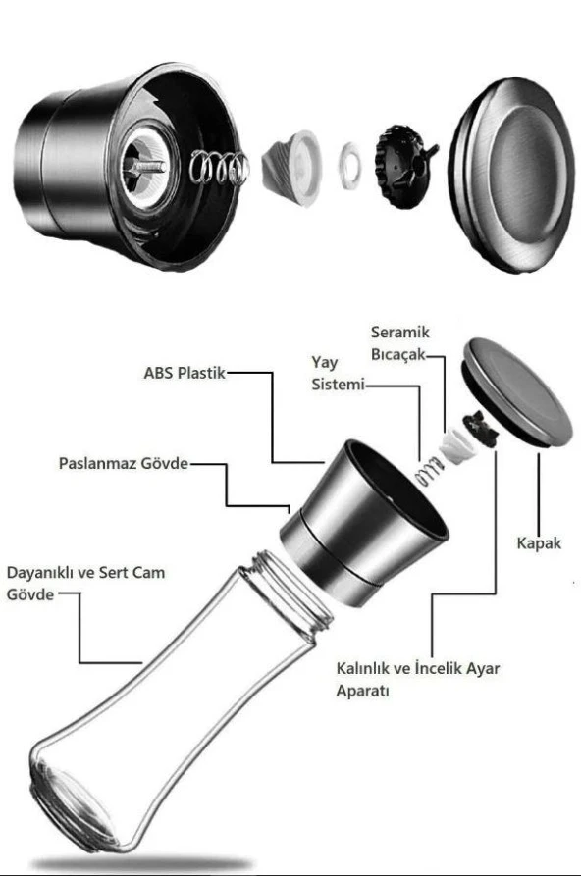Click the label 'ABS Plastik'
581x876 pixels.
[185, 373]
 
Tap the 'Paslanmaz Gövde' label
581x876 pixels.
[124, 463]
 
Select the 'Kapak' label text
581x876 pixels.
[539, 543]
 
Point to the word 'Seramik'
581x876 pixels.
[400, 332]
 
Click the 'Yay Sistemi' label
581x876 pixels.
[339, 373]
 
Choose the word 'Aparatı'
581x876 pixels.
[362, 690]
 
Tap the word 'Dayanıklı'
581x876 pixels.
[39, 573]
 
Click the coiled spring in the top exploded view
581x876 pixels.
[219, 167]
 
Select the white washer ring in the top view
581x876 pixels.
[349, 166]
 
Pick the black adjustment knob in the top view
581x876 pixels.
[404, 167]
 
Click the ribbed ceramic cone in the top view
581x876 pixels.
[291, 167]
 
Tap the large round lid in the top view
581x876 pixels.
[511, 175]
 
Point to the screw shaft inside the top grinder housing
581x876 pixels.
[145, 167]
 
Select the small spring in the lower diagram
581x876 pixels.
[428, 472]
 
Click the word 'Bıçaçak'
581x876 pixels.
[398, 355]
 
